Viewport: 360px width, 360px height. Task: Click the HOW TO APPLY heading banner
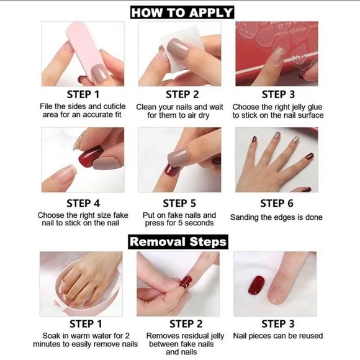coord(181,12)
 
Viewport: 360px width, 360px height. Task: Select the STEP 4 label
coord(83,203)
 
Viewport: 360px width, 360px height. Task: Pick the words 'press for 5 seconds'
coord(179,224)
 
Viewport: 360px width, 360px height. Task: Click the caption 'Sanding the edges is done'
coord(276,217)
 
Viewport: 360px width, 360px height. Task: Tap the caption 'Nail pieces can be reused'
coord(277,336)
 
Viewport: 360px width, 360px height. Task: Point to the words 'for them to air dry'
coord(179,115)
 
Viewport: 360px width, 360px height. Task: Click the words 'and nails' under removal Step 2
coord(181,352)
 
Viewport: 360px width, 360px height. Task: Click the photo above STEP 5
coord(179,160)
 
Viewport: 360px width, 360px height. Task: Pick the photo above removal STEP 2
coord(178,284)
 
